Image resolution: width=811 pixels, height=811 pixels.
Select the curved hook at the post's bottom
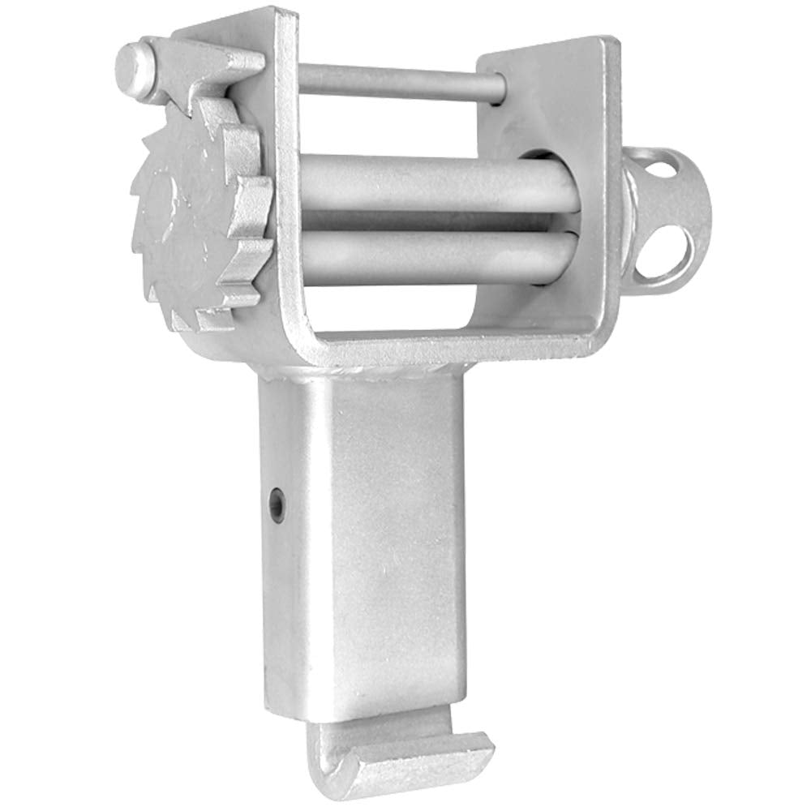[401, 758]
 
